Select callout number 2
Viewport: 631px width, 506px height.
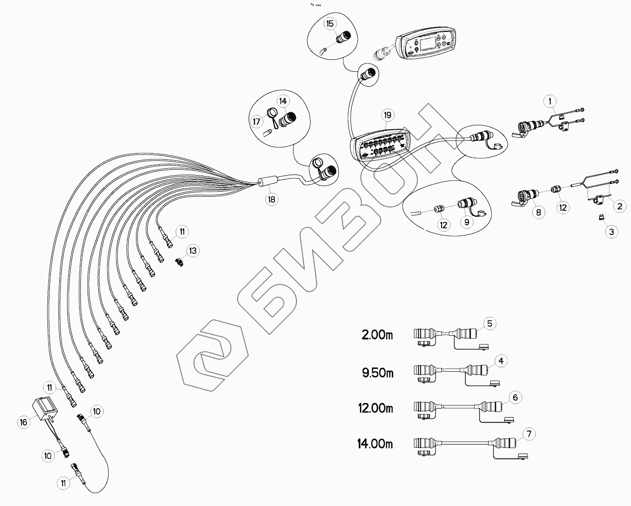[x=620, y=206]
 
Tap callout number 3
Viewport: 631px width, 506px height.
[x=611, y=232]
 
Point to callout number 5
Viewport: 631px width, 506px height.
[x=490, y=323]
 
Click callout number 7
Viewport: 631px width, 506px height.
[x=529, y=434]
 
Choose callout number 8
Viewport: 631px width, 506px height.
[x=539, y=212]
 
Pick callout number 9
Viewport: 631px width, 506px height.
[x=466, y=221]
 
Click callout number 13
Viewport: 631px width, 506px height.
[x=193, y=251]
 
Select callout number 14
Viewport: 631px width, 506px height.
[x=283, y=101]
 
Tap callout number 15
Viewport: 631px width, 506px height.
[x=330, y=23]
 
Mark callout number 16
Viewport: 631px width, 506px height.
[x=23, y=422]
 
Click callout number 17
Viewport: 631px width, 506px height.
[x=257, y=121]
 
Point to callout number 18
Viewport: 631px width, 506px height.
[x=272, y=199]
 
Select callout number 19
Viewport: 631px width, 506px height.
[x=388, y=115]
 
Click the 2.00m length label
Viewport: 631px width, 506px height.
[x=377, y=335]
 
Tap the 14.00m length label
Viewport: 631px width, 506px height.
[x=375, y=444]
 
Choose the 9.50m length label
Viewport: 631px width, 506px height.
[x=378, y=373]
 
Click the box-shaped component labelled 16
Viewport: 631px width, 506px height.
[x=45, y=409]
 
